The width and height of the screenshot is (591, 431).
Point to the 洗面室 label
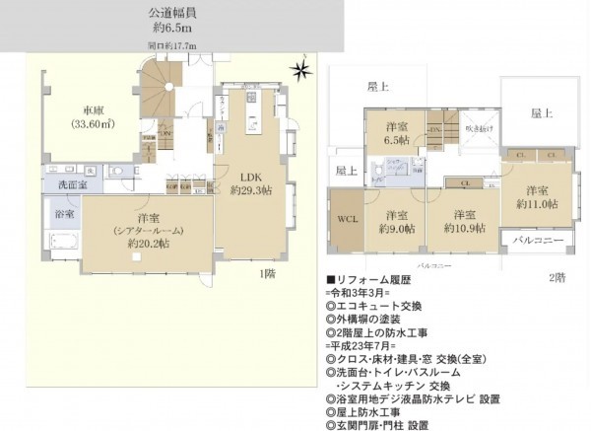(61, 183)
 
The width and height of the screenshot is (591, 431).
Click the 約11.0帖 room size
(537, 204)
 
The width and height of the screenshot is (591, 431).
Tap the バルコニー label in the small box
(537, 241)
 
